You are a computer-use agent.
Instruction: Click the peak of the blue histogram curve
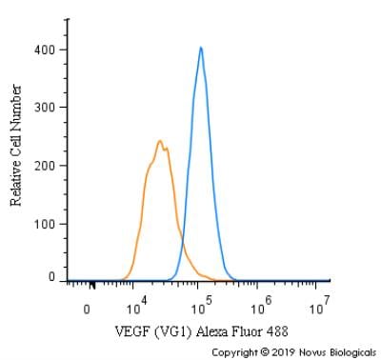coord(201,48)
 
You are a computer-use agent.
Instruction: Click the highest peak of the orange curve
coord(160,141)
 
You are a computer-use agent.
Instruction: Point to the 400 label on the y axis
coord(45,50)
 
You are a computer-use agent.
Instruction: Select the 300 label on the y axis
coord(45,108)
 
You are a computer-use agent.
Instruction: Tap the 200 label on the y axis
coord(45,166)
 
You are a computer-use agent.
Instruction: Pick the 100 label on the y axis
coord(45,224)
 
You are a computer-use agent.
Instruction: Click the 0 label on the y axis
coord(51,277)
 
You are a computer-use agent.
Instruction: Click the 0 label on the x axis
coord(87,310)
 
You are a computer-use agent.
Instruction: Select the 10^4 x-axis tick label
coord(136,306)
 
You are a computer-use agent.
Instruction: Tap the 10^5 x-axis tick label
coord(202,306)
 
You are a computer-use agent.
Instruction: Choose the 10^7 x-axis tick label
coord(320,306)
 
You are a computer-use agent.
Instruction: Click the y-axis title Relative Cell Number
coord(16,146)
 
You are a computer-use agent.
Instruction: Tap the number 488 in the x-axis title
coord(277,331)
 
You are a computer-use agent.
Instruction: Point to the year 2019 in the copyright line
coord(283,352)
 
